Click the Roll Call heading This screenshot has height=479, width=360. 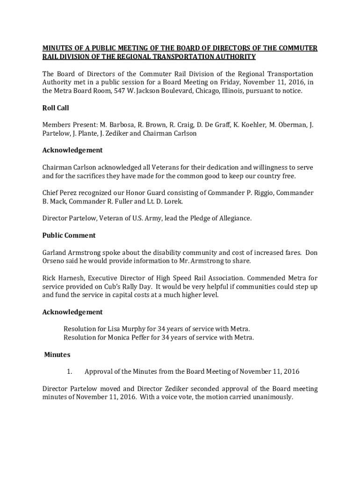(x=56, y=108)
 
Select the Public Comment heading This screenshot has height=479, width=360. (x=69, y=235)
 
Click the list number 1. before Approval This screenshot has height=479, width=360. (x=69, y=372)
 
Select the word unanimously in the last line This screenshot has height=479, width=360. (x=269, y=397)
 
